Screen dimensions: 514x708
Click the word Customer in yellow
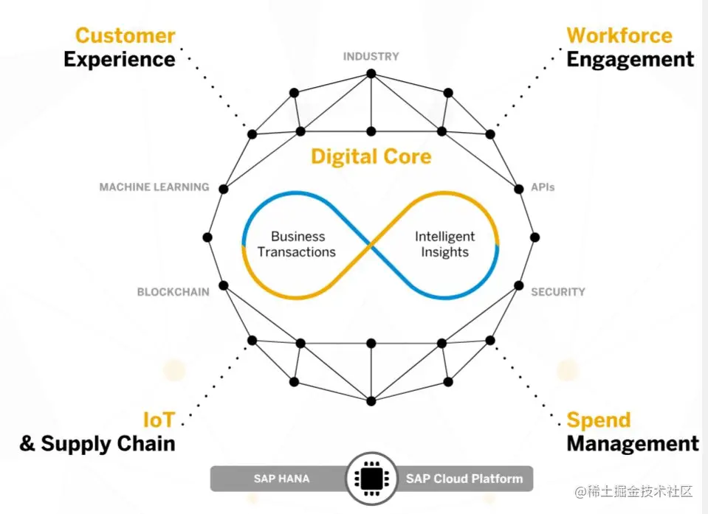125,35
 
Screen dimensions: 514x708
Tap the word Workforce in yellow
619,35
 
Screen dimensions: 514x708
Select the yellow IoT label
159,420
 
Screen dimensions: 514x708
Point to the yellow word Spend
598,420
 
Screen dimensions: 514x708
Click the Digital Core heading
371,156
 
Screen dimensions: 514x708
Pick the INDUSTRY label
371,56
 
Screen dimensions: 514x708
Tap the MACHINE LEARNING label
154,187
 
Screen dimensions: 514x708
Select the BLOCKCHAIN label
173,292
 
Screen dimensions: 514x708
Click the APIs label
543,187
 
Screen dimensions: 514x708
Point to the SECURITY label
557,292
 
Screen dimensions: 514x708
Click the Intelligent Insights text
444,244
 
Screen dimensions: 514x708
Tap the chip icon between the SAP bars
371,479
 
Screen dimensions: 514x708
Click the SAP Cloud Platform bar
464,479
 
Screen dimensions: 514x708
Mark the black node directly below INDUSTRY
371,74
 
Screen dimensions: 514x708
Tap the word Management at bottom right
632,444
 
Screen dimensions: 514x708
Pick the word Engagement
630,60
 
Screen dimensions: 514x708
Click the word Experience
119,60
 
